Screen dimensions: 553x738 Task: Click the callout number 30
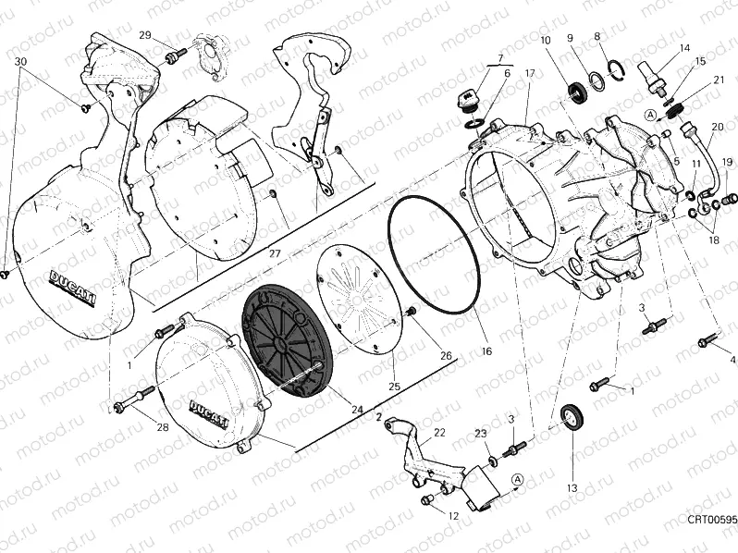pos(20,61)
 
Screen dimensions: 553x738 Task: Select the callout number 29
pos(145,35)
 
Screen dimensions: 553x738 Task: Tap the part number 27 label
pos(275,252)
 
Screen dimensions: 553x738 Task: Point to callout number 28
pos(163,426)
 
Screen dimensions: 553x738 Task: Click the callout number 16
pos(486,351)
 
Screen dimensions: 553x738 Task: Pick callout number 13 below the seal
pos(572,487)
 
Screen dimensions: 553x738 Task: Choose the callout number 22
pos(439,432)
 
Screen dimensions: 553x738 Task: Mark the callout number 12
pos(453,516)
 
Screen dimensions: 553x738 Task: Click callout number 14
pos(684,48)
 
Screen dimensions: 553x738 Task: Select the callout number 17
pos(529,73)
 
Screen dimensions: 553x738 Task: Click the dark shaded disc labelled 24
pos(288,338)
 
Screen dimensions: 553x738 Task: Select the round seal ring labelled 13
pos(573,417)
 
